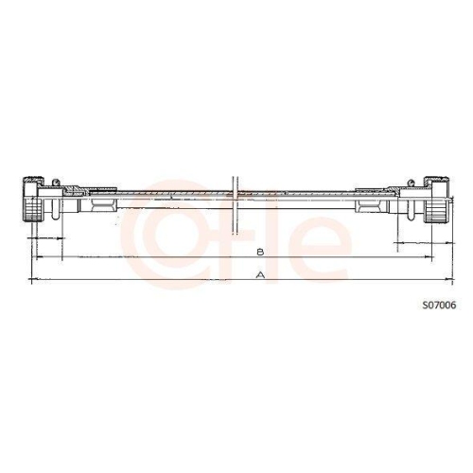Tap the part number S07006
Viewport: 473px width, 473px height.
click(x=439, y=306)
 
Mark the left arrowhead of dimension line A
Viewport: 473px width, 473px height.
click(x=35, y=280)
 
